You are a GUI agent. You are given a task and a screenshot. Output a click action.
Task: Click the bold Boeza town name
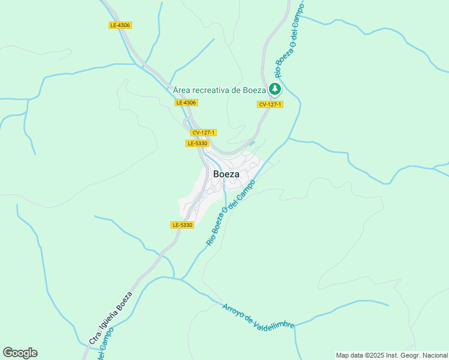point(226,174)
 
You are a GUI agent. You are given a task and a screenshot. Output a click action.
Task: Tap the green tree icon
point(275,90)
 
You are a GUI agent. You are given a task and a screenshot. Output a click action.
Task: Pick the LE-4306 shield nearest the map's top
point(120,25)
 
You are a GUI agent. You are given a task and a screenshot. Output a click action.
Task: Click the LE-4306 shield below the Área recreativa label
point(186,103)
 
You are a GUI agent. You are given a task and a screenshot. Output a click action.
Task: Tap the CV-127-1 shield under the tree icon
point(270,104)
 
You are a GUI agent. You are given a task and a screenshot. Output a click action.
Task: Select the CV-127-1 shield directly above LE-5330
point(203,133)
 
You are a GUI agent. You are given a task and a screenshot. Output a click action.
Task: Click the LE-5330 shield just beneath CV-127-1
point(197,143)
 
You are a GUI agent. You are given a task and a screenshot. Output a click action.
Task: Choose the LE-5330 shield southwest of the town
point(182,225)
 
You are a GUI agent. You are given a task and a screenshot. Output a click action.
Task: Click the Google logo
point(20,353)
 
